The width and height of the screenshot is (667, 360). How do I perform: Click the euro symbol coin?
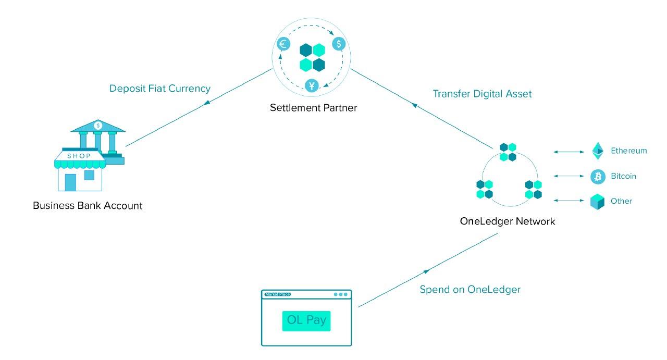click(283, 44)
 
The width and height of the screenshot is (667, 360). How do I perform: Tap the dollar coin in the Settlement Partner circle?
click(339, 44)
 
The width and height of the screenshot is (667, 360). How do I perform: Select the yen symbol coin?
click(312, 86)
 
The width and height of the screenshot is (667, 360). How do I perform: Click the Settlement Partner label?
click(313, 108)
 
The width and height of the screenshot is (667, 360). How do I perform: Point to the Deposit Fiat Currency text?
click(160, 89)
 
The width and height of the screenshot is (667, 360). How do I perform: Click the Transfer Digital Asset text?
click(482, 94)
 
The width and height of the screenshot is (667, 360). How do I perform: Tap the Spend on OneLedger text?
click(470, 290)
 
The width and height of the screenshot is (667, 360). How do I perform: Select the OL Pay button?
click(306, 321)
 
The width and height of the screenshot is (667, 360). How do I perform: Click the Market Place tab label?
click(278, 294)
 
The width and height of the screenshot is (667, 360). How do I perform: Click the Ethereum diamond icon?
click(598, 151)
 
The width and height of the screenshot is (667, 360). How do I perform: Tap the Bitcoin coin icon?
click(598, 177)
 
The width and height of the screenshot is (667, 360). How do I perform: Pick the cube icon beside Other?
click(597, 202)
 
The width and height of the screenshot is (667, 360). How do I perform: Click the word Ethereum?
click(629, 151)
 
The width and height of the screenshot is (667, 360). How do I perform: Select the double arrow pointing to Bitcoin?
click(569, 176)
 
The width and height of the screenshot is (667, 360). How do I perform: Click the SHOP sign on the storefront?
click(79, 156)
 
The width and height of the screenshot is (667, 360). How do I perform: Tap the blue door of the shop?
click(70, 182)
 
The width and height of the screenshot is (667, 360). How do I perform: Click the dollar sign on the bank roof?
click(98, 126)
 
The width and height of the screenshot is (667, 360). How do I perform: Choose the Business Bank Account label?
click(88, 206)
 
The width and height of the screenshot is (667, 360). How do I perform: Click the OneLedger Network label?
click(508, 221)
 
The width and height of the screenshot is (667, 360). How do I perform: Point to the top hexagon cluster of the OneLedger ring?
click(508, 152)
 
